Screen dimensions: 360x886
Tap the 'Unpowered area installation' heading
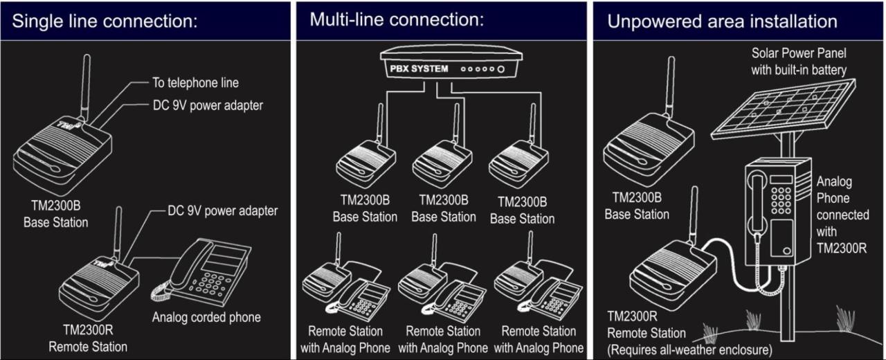click(722, 21)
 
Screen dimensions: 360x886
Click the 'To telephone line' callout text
click(195, 83)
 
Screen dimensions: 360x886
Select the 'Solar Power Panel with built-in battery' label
click(799, 61)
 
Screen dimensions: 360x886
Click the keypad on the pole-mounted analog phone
click(781, 200)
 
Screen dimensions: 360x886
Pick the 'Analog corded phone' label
click(206, 318)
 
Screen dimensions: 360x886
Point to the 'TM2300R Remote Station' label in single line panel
click(88, 338)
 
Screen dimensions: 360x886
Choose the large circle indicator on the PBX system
click(500, 70)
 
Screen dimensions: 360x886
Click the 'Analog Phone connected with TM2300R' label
click(842, 215)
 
